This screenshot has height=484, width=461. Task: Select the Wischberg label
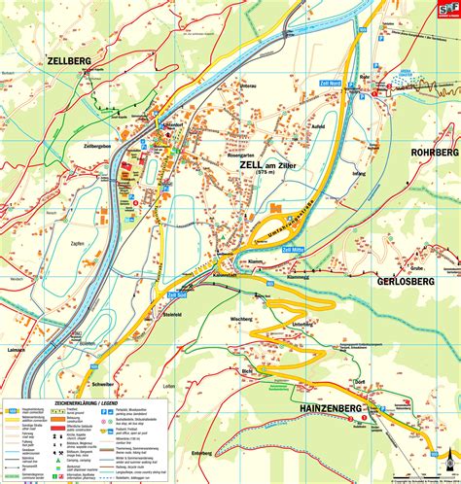241,319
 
